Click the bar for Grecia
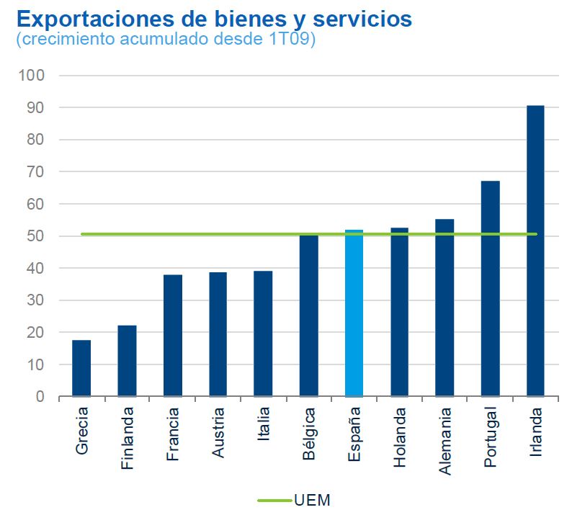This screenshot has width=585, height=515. click(81, 368)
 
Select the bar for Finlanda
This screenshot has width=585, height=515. click(127, 361)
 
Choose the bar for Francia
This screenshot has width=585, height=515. click(172, 336)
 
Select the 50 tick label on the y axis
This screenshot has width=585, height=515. click(35, 236)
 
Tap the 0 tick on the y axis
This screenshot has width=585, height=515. click(40, 397)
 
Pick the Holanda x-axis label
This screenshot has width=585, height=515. click(400, 437)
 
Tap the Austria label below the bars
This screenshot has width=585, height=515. click(218, 433)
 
